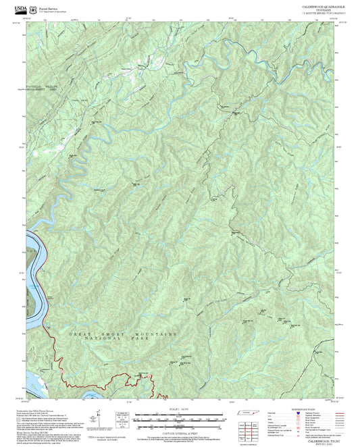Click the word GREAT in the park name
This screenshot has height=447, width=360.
(x=80, y=334)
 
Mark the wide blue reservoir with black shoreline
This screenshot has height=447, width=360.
(x=33, y=270)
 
